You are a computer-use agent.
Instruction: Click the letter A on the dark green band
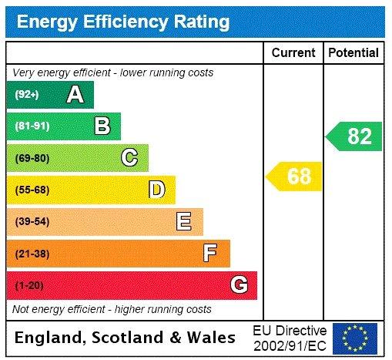click(x=75, y=95)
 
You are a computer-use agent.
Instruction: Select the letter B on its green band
click(x=102, y=126)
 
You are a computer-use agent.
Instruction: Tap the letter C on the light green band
click(x=129, y=158)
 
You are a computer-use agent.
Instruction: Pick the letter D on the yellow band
click(x=156, y=190)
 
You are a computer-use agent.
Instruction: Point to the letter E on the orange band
click(x=183, y=222)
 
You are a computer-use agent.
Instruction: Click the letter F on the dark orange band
click(x=210, y=253)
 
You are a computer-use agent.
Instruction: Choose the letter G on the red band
click(x=239, y=285)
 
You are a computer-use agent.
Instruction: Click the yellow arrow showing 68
click(x=294, y=177)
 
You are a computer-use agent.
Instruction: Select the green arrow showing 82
click(x=354, y=136)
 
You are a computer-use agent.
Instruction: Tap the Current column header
click(x=293, y=53)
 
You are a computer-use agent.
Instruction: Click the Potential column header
click(x=353, y=53)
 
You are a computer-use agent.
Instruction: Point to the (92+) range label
click(x=28, y=95)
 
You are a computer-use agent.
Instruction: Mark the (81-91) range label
click(x=32, y=126)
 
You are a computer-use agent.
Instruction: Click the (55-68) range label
click(x=32, y=190)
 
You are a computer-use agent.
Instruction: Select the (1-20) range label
click(x=30, y=285)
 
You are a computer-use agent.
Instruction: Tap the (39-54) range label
click(x=32, y=222)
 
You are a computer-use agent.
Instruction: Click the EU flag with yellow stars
click(x=355, y=338)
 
